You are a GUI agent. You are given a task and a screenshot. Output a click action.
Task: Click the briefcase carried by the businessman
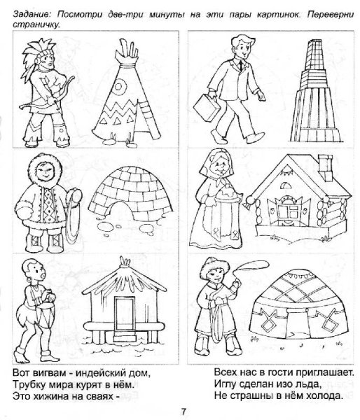[207, 107]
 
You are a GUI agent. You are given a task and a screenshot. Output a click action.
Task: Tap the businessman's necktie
[241, 65]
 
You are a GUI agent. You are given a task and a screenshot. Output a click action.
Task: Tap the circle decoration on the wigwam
[119, 87]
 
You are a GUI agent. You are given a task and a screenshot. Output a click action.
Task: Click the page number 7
[184, 411]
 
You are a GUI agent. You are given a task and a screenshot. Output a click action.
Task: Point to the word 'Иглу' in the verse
[225, 384]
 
